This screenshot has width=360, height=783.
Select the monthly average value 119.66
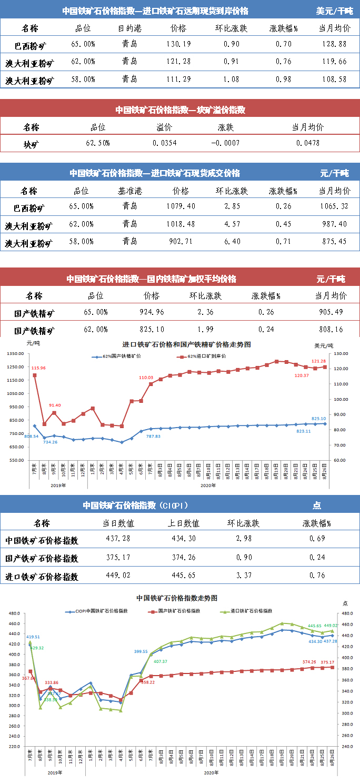[x=335, y=62]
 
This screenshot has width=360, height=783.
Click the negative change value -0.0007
[x=225, y=143]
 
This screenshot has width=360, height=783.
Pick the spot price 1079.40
[x=184, y=206]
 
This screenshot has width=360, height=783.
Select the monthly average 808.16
[x=331, y=330]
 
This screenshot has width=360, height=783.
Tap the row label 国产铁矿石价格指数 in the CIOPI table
[x=42, y=558]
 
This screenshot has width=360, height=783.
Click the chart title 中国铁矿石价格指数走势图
[x=176, y=598]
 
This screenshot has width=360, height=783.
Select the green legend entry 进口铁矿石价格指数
[x=249, y=611]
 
